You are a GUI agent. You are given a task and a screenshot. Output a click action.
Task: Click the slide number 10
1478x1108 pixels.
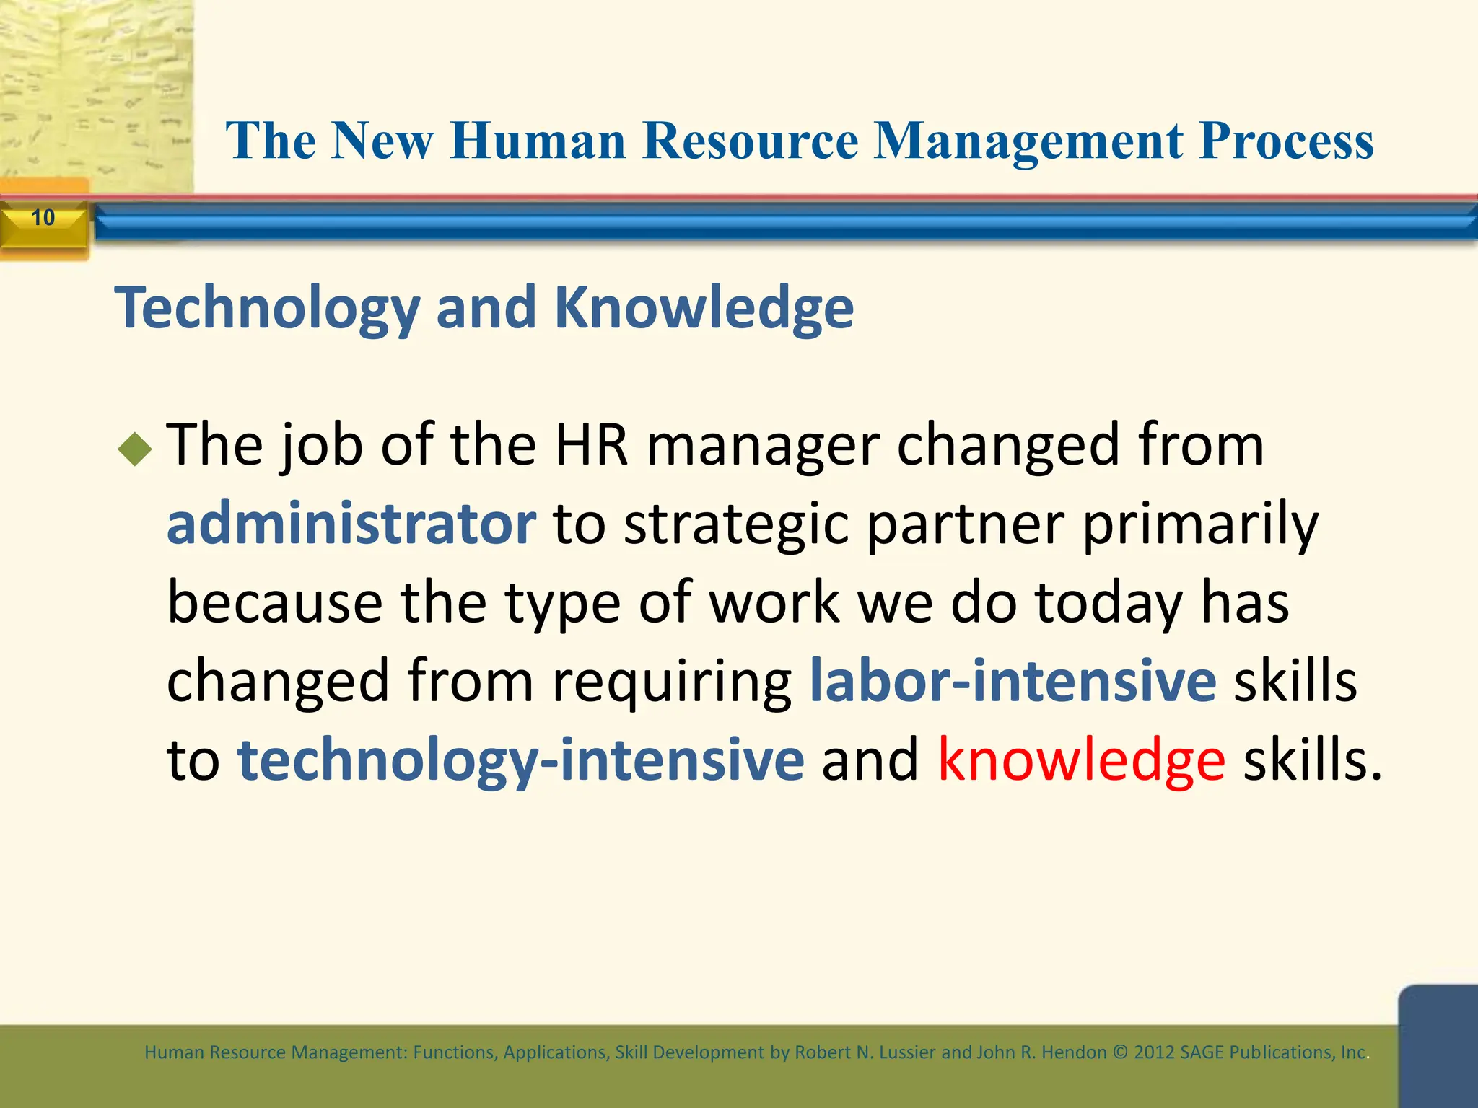[x=43, y=217]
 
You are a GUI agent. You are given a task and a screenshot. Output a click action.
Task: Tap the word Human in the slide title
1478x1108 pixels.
[x=538, y=141]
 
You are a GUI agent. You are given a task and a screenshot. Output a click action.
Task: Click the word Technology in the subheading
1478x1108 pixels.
[x=267, y=309]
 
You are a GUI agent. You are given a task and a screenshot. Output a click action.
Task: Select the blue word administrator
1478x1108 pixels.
[x=351, y=523]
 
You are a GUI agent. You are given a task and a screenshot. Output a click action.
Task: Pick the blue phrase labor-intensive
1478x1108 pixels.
[x=1013, y=680]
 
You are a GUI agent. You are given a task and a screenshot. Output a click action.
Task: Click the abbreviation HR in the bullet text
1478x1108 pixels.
[x=591, y=445]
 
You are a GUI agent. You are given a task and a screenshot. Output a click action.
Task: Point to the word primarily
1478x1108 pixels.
[x=1200, y=524]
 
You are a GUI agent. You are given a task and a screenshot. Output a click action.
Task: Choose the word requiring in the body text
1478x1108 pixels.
[x=672, y=682]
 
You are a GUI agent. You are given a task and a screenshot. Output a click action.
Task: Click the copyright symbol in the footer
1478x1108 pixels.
[x=1120, y=1052]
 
